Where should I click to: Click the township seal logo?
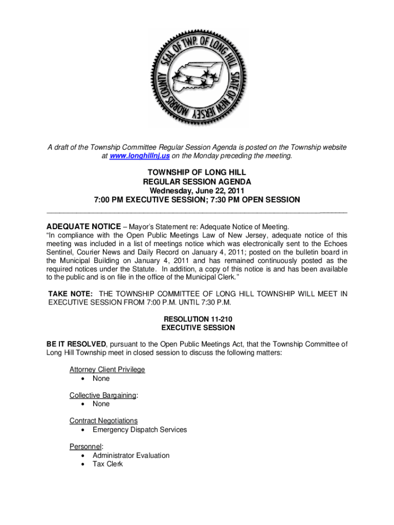coord(198,77)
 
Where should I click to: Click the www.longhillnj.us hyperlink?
coord(135,156)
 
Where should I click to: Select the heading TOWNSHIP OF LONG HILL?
coord(197,173)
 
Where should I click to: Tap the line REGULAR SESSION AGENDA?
coord(197,181)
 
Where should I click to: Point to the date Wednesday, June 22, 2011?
coord(197,191)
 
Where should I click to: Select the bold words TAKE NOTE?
coord(70,294)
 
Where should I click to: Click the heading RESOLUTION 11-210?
coord(197,319)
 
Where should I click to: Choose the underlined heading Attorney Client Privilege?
coord(107,369)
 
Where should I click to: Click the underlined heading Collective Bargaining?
coord(103,395)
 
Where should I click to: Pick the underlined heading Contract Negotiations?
coord(103,420)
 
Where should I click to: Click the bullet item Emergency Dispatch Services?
coord(140,430)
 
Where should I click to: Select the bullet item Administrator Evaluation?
coord(130,455)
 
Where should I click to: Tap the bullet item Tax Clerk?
coord(107,464)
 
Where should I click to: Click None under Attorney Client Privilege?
coord(101,378)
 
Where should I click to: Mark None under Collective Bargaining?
coord(101,404)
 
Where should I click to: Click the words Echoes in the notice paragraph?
coord(336,243)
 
